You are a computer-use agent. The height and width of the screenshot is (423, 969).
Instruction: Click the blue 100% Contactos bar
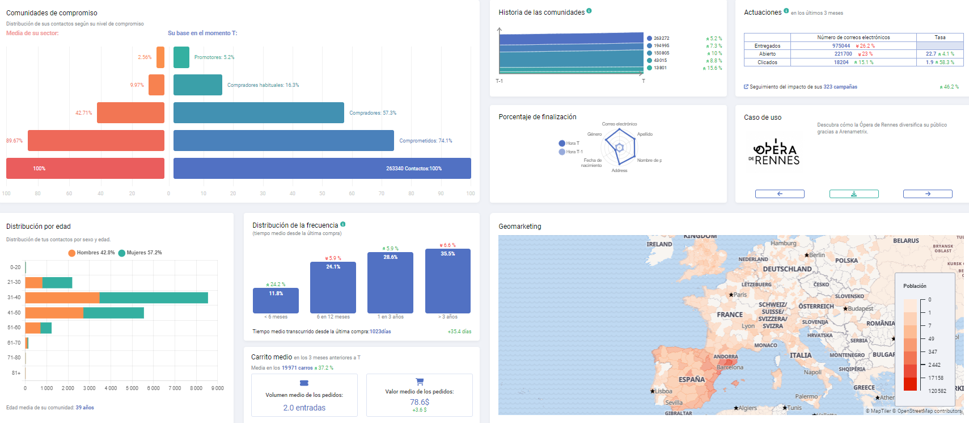tap(322, 168)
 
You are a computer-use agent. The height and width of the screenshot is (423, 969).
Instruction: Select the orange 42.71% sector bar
tap(130, 112)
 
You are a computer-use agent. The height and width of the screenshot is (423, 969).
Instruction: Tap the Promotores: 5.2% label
tap(214, 57)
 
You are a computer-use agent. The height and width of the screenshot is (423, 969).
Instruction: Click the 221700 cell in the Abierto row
tap(843, 54)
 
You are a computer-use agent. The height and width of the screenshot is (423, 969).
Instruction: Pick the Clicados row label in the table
tap(767, 62)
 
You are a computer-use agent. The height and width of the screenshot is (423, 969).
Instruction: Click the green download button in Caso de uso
tap(854, 194)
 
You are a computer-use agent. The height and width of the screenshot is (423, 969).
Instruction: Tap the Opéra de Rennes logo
tap(775, 152)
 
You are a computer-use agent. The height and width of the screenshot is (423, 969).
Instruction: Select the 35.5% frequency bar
tap(447, 280)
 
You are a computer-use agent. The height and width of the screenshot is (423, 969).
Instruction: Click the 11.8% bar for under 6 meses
tap(276, 300)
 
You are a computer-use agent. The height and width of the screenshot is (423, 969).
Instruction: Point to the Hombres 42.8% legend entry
tap(91, 253)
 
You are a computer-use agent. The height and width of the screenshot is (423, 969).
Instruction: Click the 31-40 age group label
tap(14, 298)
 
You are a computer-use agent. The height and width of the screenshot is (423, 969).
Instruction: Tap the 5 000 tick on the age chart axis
tap(132, 388)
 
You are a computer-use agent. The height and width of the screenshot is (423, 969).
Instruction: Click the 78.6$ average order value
tap(420, 402)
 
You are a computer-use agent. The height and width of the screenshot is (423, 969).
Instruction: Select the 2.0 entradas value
tap(304, 408)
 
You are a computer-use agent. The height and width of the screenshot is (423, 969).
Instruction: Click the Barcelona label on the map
tap(730, 367)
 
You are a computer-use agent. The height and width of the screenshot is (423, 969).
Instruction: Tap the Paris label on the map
tap(740, 295)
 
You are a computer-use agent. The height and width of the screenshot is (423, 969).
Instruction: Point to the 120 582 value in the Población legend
tap(937, 391)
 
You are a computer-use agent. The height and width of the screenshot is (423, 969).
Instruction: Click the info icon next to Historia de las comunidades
tap(589, 11)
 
